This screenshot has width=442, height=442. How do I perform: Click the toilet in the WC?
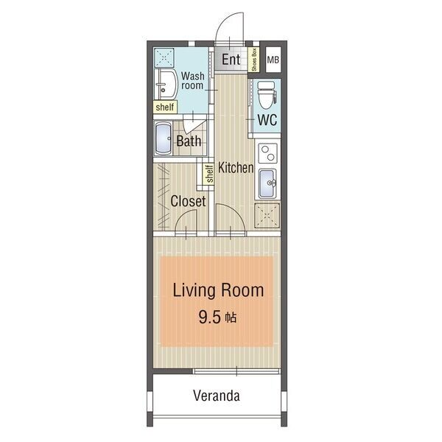(x=267, y=95)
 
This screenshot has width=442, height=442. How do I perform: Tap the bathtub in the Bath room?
(x=164, y=138)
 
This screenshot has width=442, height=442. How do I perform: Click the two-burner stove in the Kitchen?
(x=268, y=153)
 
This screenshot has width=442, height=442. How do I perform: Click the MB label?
(x=273, y=60)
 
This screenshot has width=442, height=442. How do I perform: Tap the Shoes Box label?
(x=254, y=60)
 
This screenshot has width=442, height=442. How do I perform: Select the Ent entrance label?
(x=231, y=60)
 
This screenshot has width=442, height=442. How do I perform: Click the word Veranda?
(x=217, y=396)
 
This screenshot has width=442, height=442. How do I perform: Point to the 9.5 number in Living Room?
(x=209, y=317)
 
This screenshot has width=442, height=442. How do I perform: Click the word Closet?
(x=188, y=201)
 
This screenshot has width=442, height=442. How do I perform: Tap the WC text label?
(x=267, y=120)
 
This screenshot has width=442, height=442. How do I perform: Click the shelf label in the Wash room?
(x=165, y=107)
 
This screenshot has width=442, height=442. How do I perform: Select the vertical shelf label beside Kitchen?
(x=209, y=174)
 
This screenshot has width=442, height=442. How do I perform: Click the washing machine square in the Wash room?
(x=164, y=57)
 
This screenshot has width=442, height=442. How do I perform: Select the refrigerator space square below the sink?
(x=267, y=216)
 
